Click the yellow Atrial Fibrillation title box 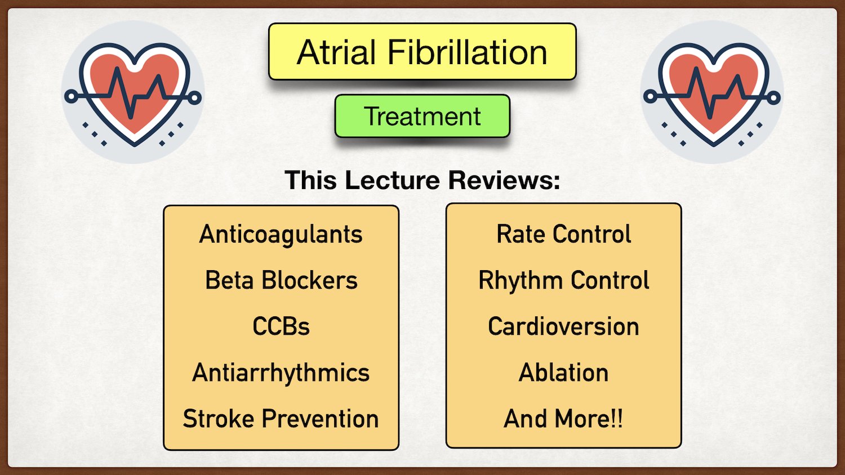(x=422, y=52)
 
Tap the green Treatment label (x=422, y=116)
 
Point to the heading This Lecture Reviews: (x=422, y=181)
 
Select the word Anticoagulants (x=281, y=234)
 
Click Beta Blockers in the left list (x=281, y=280)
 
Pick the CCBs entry (x=281, y=326)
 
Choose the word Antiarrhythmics (x=281, y=373)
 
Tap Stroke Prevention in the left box (x=281, y=419)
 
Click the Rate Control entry (x=563, y=234)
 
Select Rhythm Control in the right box (x=563, y=280)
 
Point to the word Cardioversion (x=563, y=326)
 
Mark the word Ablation (x=563, y=373)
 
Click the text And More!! (x=563, y=419)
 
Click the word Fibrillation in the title (x=467, y=52)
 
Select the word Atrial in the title (x=336, y=52)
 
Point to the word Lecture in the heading (x=392, y=181)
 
